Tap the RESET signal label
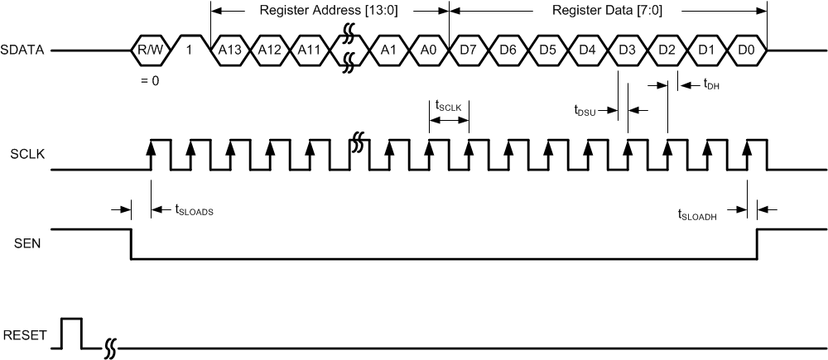[23, 336]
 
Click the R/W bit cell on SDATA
[151, 50]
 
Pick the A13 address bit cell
[230, 50]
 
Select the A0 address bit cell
[428, 50]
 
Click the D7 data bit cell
[468, 50]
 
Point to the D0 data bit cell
[746, 50]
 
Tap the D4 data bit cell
[587, 50]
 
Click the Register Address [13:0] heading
[330, 11]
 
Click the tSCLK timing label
[448, 105]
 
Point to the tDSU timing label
[585, 110]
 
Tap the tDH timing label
[710, 83]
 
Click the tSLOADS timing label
[195, 211]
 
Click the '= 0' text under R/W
[150, 80]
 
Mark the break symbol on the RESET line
[109, 350]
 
